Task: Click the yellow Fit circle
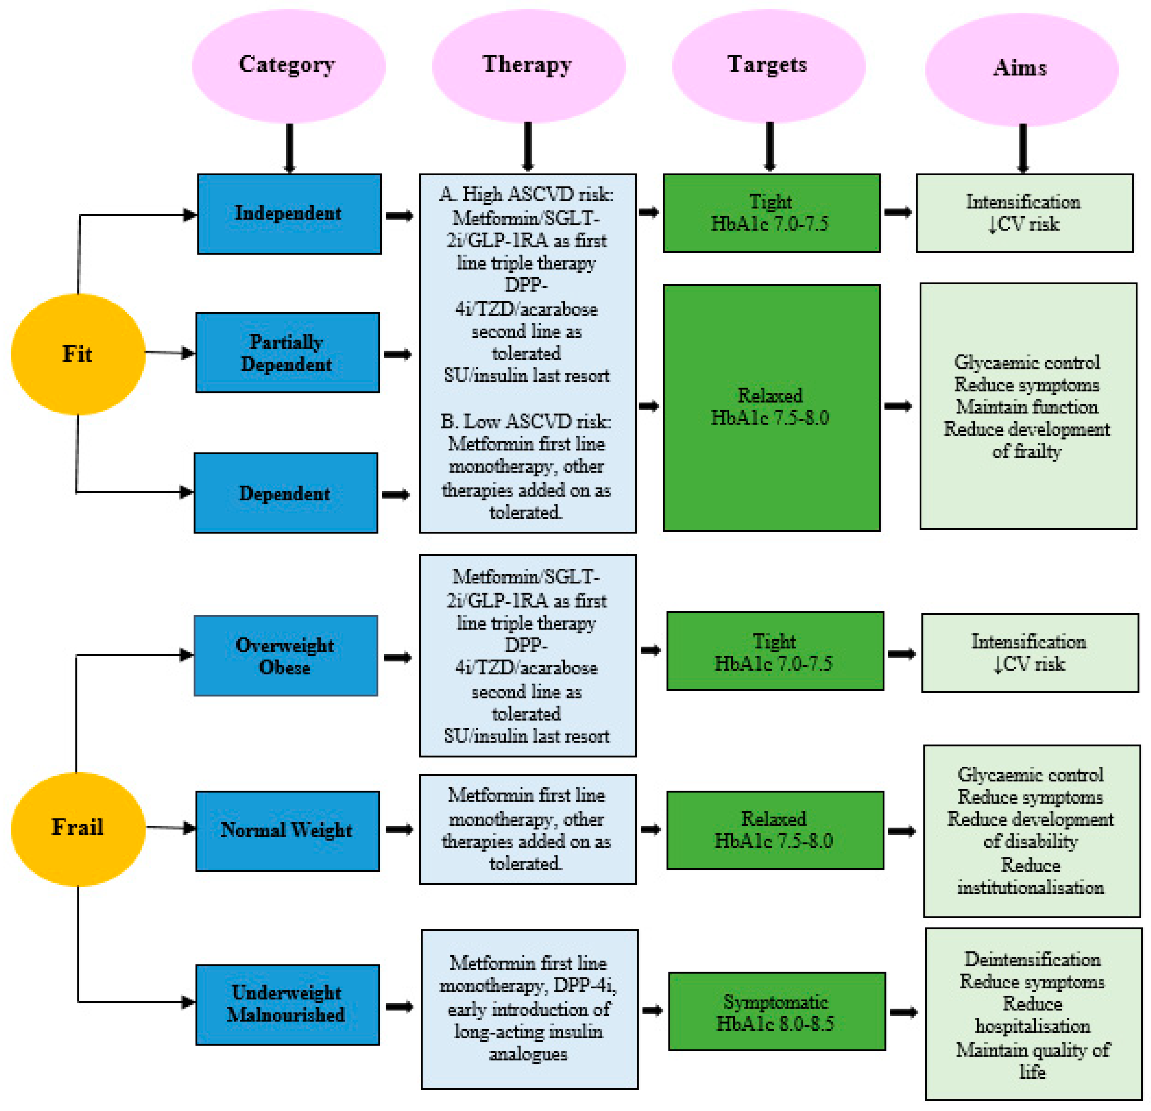78,354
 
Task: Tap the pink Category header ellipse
288,66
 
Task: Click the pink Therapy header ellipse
529,66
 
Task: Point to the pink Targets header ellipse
769,66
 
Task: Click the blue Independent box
290,214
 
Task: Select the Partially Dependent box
288,352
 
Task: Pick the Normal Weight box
288,831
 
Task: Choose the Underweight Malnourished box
288,1005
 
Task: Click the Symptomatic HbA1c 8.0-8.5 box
777,1011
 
